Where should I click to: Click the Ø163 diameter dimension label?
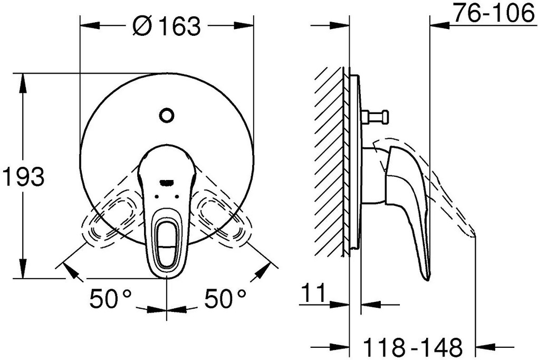pyautogui.click(x=167, y=25)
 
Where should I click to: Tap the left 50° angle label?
pyautogui.click(x=110, y=299)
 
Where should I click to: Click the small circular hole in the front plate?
pyautogui.click(x=167, y=115)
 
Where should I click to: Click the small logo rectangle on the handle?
pyautogui.click(x=167, y=183)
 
